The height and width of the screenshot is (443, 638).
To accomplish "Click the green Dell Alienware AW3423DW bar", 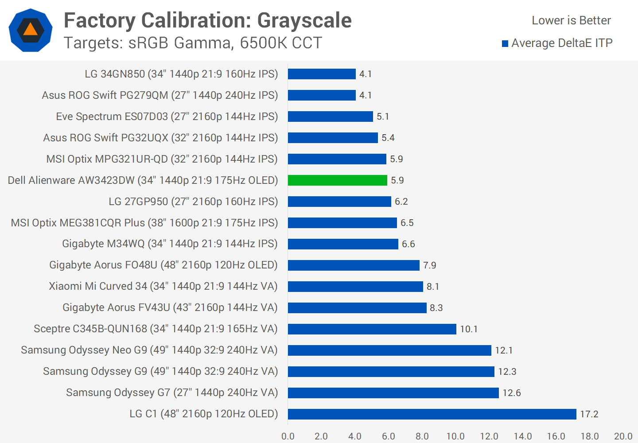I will point(338,180).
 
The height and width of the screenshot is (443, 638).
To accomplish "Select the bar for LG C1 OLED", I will point(432,414).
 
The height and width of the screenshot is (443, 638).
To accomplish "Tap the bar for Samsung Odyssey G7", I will point(393,393).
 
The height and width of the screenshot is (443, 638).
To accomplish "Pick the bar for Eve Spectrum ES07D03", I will point(331,117).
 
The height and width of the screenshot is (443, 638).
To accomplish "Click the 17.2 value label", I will point(589,414).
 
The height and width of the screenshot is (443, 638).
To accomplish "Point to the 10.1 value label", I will point(469,329).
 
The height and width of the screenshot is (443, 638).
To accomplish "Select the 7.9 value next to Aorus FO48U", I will point(430,265).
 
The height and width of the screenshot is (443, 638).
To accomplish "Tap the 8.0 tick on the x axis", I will point(422,436).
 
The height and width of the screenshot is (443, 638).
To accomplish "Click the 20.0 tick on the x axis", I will point(623,436).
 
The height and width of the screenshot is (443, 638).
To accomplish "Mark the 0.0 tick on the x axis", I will point(288,436).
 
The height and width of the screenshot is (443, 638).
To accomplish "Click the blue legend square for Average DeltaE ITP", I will point(505,43).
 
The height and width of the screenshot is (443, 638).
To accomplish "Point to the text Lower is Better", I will point(571,20).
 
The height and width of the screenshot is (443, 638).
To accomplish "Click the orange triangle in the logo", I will point(31,30).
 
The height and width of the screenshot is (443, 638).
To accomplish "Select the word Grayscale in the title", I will point(304,20).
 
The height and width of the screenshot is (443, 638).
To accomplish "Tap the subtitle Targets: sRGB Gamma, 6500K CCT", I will point(193,43).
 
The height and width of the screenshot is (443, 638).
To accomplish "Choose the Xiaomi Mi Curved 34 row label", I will point(163,286).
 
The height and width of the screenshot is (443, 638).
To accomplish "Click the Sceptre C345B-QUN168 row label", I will point(156,329).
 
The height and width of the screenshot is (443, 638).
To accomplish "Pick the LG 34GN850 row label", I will point(181,74).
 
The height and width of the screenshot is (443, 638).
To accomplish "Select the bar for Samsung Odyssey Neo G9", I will point(389,350).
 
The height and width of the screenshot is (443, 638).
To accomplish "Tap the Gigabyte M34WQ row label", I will point(170,244).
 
